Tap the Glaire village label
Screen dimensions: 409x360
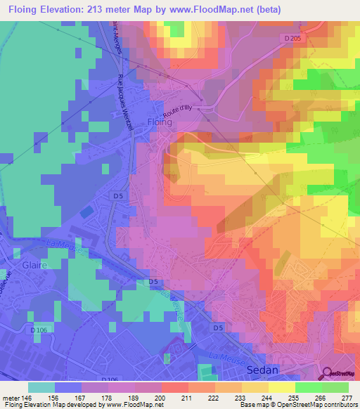34,266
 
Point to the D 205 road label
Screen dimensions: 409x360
292,37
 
